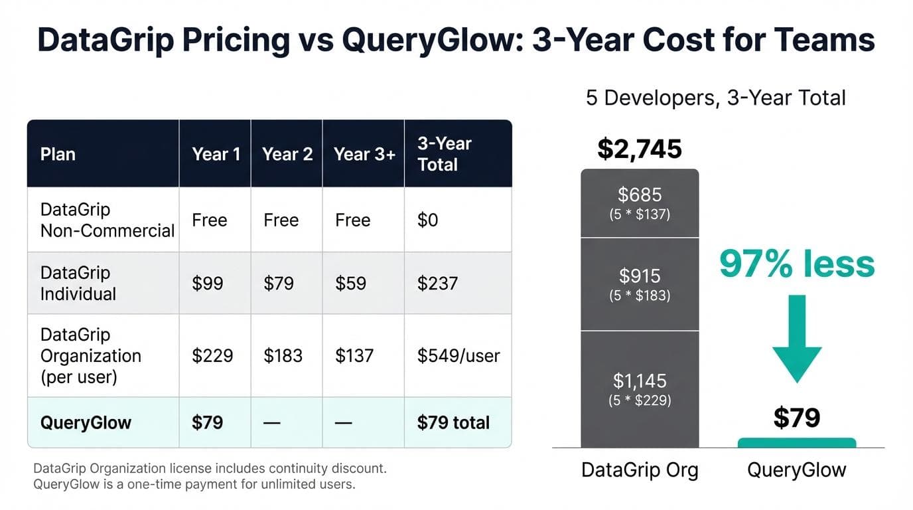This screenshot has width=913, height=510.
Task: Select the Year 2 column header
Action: [287, 154]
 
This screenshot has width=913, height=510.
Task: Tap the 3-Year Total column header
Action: [444, 154]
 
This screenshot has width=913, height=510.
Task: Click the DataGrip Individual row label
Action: [78, 284]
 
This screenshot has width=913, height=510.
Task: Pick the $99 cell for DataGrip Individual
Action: [207, 284]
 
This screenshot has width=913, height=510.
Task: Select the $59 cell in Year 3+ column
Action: [352, 284]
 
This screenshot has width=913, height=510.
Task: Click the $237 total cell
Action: [437, 284]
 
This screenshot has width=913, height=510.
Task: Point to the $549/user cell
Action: [458, 355]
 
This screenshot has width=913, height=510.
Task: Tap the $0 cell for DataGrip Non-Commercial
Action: [427, 220]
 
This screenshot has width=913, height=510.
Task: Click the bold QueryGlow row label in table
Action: [86, 423]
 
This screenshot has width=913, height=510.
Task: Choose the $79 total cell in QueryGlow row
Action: [453, 423]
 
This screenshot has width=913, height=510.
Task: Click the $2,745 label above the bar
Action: [639, 149]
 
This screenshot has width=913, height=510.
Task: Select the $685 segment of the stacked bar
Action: [640, 203]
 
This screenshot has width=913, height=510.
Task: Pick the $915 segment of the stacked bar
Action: [640, 284]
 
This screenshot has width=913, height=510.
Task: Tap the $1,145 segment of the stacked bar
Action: [640, 388]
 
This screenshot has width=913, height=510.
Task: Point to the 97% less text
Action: [797, 264]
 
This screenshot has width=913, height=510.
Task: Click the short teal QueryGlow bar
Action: [797, 443]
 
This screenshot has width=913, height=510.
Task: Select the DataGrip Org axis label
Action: [640, 470]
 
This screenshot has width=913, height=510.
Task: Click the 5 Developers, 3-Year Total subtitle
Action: [715, 98]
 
